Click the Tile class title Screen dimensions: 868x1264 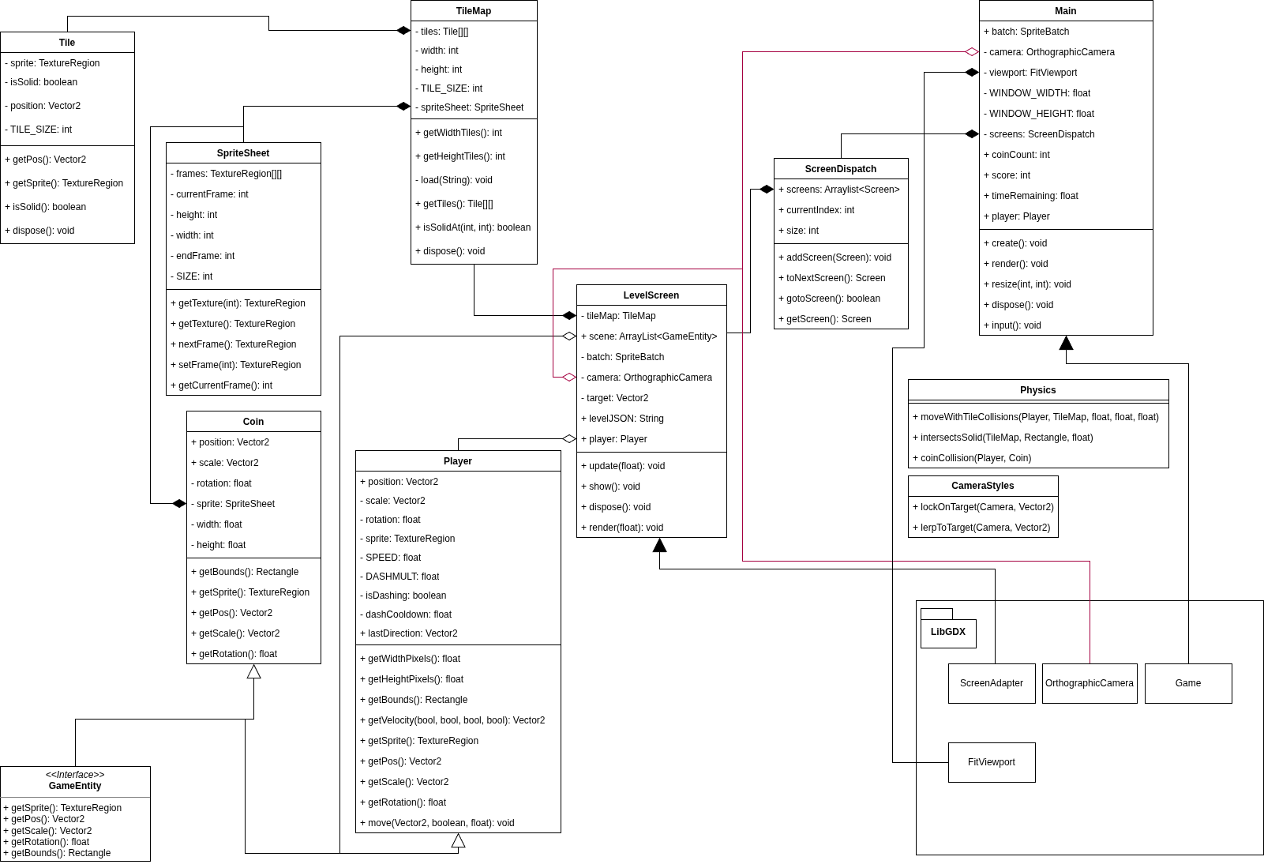(67, 43)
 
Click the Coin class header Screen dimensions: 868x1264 (253, 422)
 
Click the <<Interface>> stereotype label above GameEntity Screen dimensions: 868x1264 (75, 775)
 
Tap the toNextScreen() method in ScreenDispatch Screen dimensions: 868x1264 (835, 278)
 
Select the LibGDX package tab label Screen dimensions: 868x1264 (947, 632)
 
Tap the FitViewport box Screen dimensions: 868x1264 (991, 762)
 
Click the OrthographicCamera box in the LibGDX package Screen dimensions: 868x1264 (1089, 683)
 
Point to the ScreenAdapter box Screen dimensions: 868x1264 (991, 683)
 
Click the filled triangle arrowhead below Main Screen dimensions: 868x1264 (1066, 343)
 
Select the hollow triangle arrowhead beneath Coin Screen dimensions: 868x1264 (253, 672)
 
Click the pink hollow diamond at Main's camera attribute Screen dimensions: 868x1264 (971, 52)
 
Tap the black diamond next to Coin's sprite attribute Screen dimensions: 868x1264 (179, 504)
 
